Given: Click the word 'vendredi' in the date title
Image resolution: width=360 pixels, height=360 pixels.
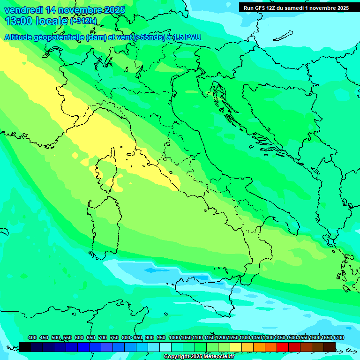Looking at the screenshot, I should (23, 10).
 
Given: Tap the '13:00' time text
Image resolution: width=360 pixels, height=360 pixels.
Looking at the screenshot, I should (19, 21).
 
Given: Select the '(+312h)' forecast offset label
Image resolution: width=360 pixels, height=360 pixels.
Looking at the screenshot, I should (83, 21).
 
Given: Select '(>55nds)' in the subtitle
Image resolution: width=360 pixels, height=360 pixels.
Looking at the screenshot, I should (150, 37).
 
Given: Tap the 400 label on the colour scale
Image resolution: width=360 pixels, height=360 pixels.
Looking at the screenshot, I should (32, 337).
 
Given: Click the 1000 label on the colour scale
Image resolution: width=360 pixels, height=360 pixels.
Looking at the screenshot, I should (174, 337).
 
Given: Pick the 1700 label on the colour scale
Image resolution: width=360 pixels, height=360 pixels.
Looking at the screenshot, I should (338, 337).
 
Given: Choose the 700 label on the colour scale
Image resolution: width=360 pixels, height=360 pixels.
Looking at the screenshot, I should (103, 337).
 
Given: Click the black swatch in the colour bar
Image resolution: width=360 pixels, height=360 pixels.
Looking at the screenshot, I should (25, 347).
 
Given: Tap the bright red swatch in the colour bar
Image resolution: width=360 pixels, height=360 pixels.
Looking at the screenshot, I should (283, 347).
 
